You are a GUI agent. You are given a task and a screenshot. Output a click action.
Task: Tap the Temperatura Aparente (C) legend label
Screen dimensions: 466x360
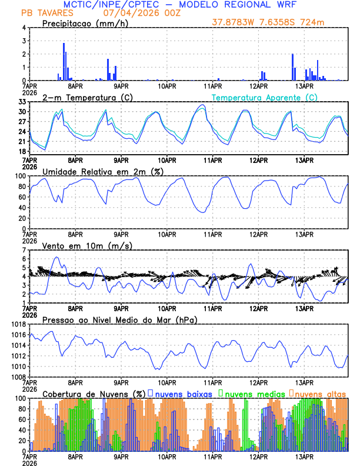click(265, 97)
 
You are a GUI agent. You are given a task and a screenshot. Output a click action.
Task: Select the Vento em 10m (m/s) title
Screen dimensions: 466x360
click(87, 245)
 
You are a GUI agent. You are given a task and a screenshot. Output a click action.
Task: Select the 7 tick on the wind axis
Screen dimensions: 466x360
click(24, 250)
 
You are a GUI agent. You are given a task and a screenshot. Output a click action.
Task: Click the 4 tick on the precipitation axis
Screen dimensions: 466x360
click(24, 28)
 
